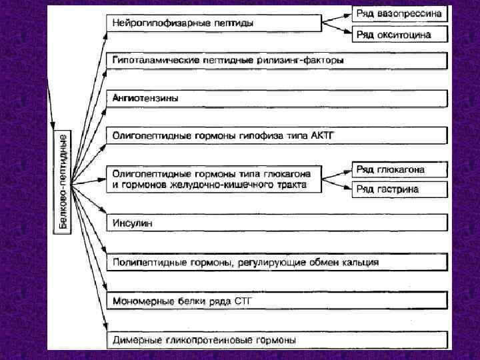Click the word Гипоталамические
pyautogui.click(x=150, y=60)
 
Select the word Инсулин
pyautogui.click(x=133, y=223)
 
